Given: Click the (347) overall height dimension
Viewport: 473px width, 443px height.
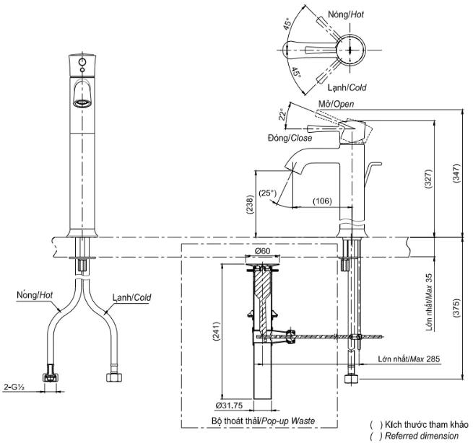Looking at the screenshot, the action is coord(456,173).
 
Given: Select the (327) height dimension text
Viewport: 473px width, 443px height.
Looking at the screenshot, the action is coord(428,179).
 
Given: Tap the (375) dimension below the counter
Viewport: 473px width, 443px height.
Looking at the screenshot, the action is coord(456,307).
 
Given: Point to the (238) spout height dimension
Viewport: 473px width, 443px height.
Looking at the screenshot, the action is coord(250,205).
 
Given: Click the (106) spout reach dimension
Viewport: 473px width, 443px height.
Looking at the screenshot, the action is coord(322,201).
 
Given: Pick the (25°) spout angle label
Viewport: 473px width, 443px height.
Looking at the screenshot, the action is coord(268,193).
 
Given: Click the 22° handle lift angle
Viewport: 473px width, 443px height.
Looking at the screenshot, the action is coord(282,114).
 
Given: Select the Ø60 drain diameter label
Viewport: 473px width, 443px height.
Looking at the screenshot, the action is coord(262,251).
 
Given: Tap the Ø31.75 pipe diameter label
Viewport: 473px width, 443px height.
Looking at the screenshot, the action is coord(229,405).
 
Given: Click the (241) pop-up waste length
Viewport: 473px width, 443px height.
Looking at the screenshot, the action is coord(216,331).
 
